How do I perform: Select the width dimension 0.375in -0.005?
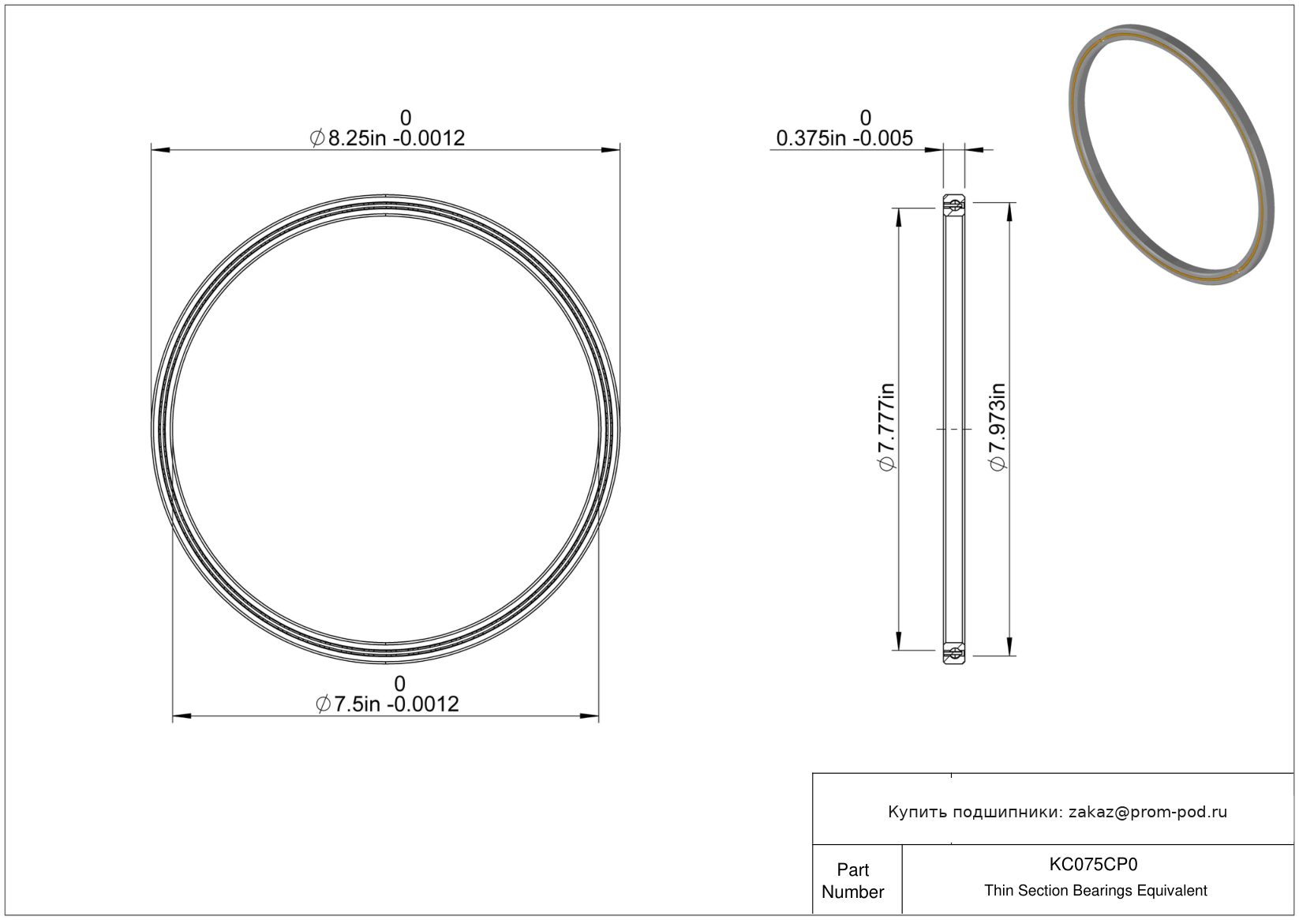(x=844, y=138)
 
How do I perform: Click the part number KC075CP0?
(x=1093, y=864)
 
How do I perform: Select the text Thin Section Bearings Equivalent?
(x=1095, y=891)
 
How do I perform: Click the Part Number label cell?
(x=853, y=881)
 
